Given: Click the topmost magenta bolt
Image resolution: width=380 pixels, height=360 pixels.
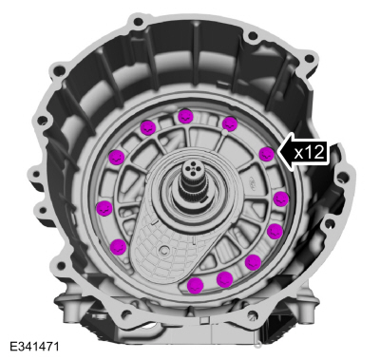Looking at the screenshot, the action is [185, 116].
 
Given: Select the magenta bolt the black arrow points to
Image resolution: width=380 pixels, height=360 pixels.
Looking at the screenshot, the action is [267, 154].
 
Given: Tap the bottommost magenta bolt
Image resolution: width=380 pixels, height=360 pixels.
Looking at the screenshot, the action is [195, 286].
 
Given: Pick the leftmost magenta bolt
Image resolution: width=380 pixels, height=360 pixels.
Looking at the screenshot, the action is [104, 208].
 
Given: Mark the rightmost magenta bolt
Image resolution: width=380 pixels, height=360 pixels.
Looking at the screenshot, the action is [281, 199].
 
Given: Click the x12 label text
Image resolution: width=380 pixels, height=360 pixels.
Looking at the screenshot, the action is [310, 153].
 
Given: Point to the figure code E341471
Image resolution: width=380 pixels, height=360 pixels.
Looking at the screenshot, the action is [34, 347].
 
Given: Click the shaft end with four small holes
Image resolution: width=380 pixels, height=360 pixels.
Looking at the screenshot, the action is [192, 169].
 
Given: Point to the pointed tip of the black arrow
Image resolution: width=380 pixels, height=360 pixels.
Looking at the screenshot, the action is [277, 152].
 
